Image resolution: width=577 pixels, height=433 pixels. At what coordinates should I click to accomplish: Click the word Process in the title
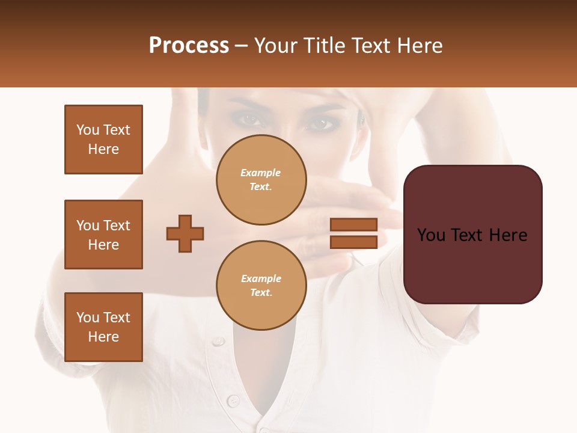tap(189, 46)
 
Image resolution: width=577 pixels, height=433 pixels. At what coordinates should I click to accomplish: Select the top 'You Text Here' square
tap(103, 140)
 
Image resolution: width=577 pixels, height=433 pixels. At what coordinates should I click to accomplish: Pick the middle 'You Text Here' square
tap(103, 235)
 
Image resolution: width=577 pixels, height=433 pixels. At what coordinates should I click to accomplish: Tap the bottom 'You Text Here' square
tap(103, 327)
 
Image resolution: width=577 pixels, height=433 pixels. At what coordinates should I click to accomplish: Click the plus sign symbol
tap(185, 233)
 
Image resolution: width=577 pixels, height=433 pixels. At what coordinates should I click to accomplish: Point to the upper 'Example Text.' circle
tap(261, 180)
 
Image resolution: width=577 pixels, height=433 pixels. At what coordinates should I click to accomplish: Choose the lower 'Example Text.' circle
tap(261, 286)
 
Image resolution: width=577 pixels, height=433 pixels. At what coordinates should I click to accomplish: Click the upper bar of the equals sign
tap(354, 224)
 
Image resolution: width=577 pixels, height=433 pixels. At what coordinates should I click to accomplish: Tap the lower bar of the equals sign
tap(354, 242)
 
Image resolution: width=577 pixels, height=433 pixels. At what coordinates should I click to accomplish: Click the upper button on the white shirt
tap(218, 341)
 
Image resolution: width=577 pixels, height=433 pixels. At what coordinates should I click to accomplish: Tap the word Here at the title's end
tap(418, 46)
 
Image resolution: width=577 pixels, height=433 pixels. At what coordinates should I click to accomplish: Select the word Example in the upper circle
tap(261, 173)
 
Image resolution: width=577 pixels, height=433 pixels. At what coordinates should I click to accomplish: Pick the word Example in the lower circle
tap(261, 278)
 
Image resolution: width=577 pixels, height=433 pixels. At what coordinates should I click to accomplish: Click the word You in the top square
tap(87, 130)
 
